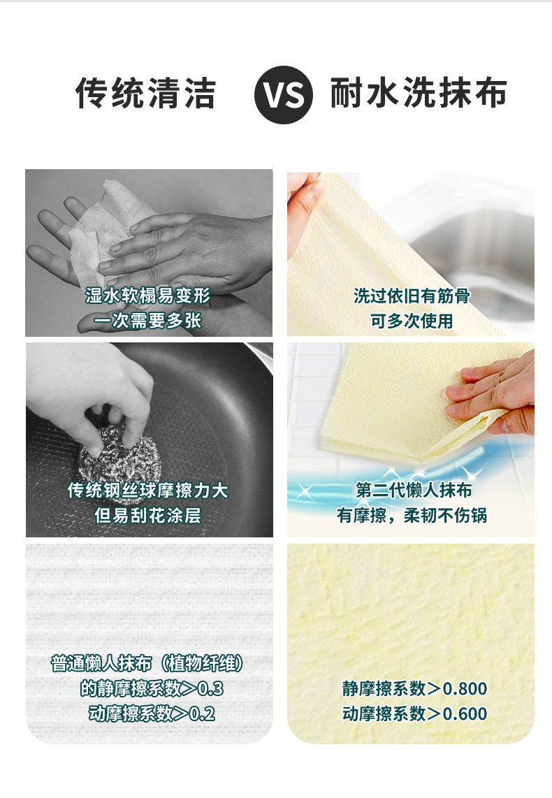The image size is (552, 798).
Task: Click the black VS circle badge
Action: [284, 94]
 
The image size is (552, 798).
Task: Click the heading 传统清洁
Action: [146, 93]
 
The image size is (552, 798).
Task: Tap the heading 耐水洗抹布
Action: [419, 93]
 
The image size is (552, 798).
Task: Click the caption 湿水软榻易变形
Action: [147, 295]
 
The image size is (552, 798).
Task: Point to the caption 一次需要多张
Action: [147, 321]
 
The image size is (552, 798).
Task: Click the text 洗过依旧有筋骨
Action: [412, 296]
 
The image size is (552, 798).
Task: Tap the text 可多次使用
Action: [412, 321]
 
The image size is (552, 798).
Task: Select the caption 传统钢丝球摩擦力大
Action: [148, 490]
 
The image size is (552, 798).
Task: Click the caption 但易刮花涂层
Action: [148, 516]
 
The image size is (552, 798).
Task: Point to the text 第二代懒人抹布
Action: [414, 490]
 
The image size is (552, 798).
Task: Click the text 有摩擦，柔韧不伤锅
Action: [412, 516]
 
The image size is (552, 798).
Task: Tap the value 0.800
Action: [465, 688]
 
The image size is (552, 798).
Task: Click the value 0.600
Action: [465, 713]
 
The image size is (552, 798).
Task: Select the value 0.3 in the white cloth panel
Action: [210, 688]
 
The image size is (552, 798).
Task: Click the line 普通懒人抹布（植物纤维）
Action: [147, 664]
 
